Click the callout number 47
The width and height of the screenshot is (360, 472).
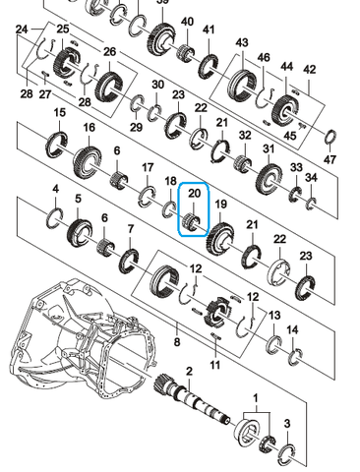point(330,159)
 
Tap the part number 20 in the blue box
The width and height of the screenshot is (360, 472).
point(194,193)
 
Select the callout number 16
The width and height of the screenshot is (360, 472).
point(90,127)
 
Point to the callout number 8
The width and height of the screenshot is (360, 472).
point(177,342)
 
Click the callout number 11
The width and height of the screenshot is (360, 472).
point(214,365)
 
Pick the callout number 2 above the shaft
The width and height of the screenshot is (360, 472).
point(189,372)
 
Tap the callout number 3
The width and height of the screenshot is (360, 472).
point(287,423)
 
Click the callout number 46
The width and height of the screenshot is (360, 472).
point(264,57)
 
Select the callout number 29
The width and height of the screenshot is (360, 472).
point(137,127)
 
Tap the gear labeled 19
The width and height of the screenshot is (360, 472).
point(220,238)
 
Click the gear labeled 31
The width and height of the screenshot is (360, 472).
point(270,178)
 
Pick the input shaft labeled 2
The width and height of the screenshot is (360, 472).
point(192,399)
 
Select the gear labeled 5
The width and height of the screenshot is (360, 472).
point(80,232)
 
